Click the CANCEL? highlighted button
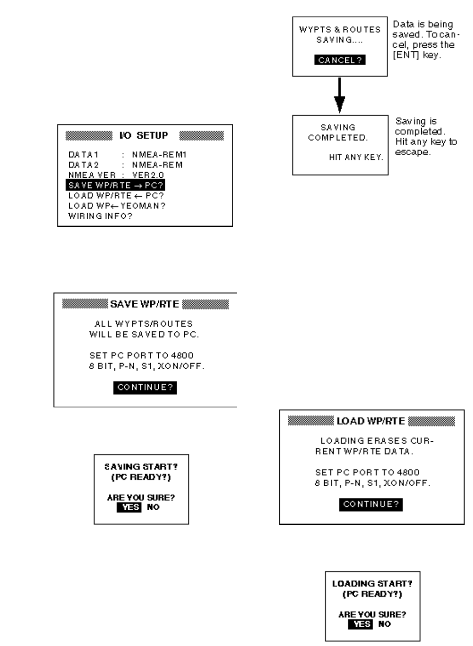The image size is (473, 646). coord(340,60)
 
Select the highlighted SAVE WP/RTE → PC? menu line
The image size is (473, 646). coord(115,185)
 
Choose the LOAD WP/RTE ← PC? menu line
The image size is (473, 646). coord(116,196)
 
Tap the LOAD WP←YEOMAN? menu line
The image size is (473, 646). coord(117,206)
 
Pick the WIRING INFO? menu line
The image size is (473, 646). coord(100,216)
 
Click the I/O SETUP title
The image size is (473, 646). coord(144,136)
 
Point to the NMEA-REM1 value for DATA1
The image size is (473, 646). coord(159,155)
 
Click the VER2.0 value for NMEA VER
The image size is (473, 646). coord(148,175)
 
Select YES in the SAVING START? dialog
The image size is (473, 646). coord(129,507)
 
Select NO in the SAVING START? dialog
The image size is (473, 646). coord(153,507)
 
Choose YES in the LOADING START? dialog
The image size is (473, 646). coord(360,624)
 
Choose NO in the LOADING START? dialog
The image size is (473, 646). coord(384,624)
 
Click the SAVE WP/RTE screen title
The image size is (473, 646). coord(145,304)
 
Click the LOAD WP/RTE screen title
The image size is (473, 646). coord(370,421)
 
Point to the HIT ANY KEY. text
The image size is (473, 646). coord(356,157)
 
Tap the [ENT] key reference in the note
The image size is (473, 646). coord(406,55)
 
